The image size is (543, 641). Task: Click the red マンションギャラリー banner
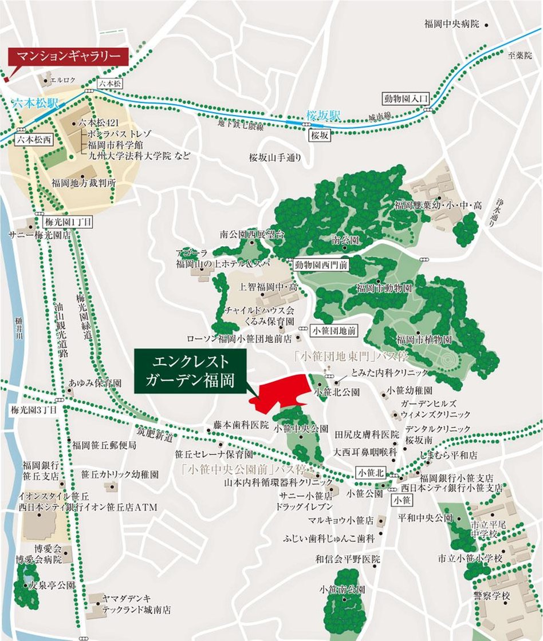pyautogui.click(x=68, y=57)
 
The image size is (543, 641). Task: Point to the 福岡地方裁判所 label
pyautogui.click(x=84, y=183)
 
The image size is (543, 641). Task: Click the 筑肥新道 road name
pyautogui.click(x=155, y=436)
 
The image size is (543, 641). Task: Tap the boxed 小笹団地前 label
pyautogui.click(x=334, y=330)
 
